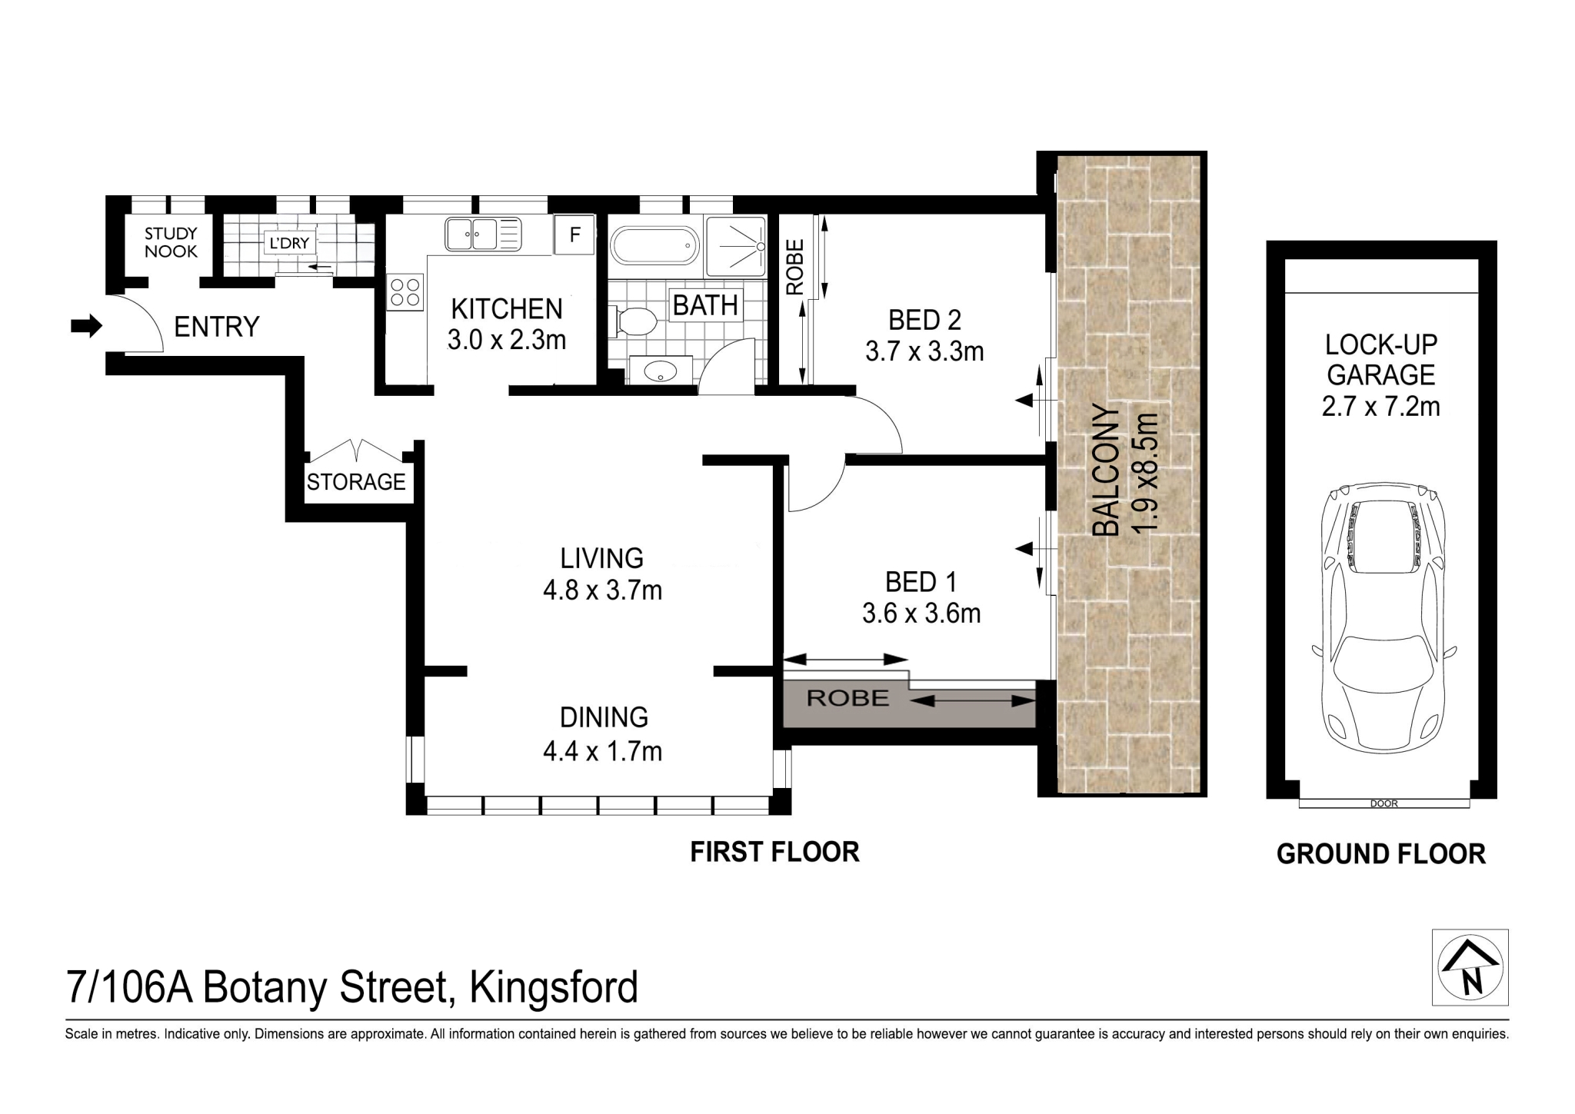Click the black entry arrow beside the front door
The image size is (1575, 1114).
pos(85,326)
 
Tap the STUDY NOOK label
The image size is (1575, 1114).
pos(171,242)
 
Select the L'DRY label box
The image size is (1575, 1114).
pos(289,243)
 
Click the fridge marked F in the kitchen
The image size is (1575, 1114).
pos(574,234)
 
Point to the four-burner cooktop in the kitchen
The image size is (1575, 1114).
pos(405,292)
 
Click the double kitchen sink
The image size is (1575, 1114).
pos(472,234)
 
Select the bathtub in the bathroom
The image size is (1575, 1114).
pos(654,245)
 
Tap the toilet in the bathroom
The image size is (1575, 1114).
pos(634,321)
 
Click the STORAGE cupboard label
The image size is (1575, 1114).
pos(356,482)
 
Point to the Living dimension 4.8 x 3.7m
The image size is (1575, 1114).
pos(602,590)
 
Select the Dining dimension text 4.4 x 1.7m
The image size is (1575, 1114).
pos(602,751)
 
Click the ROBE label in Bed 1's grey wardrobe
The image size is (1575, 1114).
pos(847,698)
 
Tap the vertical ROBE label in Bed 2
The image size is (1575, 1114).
pos(794,267)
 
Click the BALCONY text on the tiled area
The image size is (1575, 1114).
pos(1106,470)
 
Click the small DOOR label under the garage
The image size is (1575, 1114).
pos(1384,803)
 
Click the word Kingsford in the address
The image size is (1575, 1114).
pos(554,988)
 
